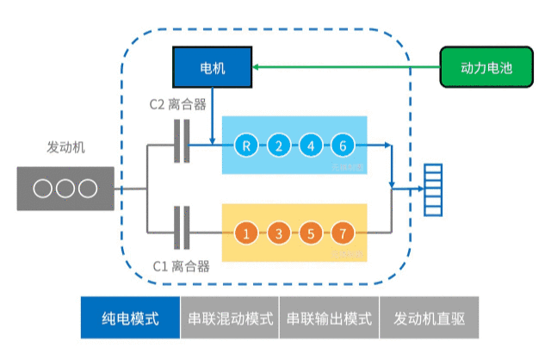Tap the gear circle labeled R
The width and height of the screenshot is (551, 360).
(246, 146)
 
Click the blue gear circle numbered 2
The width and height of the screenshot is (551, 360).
(278, 146)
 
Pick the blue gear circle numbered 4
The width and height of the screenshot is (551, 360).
(310, 146)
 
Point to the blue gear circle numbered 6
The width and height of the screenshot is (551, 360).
(342, 146)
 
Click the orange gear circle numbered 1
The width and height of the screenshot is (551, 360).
(246, 233)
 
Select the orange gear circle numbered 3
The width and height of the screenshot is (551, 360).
(278, 233)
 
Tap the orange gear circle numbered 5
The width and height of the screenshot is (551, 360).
(310, 233)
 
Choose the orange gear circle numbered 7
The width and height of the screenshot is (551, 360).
(342, 233)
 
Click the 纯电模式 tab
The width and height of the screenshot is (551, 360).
(130, 319)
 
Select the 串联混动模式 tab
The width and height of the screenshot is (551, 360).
(230, 319)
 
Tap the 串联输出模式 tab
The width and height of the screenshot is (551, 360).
(329, 319)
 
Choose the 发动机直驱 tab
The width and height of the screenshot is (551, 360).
(429, 319)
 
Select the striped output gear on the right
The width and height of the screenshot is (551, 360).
(430, 189)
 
